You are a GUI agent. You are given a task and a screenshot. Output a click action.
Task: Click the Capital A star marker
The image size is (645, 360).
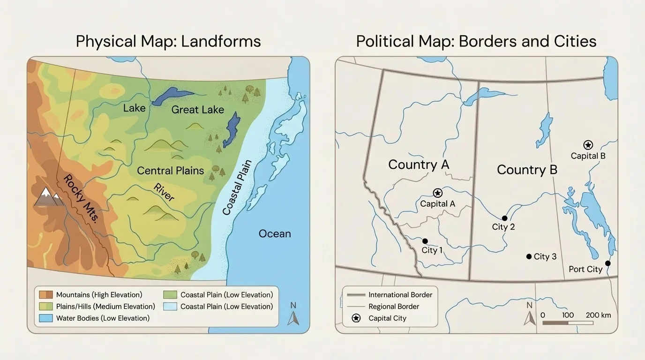pyautogui.click(x=437, y=193)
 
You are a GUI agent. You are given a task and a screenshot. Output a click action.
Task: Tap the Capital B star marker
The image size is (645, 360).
pyautogui.click(x=588, y=145)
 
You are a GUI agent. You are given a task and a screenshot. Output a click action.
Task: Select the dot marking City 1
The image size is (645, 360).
pyautogui.click(x=425, y=241)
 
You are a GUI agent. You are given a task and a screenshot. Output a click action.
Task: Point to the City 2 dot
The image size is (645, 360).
pyautogui.click(x=504, y=218)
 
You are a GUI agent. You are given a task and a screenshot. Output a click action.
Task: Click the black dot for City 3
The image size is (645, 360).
pyautogui.click(x=529, y=256)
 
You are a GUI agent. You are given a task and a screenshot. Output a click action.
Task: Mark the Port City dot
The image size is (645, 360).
pyautogui.click(x=607, y=263)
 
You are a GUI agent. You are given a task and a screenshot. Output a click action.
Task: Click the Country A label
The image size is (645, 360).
pyautogui.click(x=418, y=165)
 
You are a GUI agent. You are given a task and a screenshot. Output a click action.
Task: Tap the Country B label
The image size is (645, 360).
pyautogui.click(x=527, y=170)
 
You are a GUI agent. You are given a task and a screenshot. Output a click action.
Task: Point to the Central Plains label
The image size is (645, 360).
pyautogui.click(x=170, y=171)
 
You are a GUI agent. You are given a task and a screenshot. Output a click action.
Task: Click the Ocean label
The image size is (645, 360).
pyautogui.click(x=275, y=233)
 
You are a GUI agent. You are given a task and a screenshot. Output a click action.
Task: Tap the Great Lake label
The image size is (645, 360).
pyautogui.click(x=197, y=110)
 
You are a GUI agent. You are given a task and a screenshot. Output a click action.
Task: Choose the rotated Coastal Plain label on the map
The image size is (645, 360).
pyautogui.click(x=237, y=187)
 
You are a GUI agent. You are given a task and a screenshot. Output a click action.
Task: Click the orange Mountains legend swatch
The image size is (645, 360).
pyautogui.click(x=46, y=295)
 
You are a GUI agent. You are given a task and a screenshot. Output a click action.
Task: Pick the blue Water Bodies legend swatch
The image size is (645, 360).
pyautogui.click(x=46, y=318)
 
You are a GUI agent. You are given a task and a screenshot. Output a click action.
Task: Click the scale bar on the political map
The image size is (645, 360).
pyautogui.click(x=567, y=323)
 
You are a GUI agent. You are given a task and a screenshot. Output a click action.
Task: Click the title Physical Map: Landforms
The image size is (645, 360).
pyautogui.click(x=168, y=41)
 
